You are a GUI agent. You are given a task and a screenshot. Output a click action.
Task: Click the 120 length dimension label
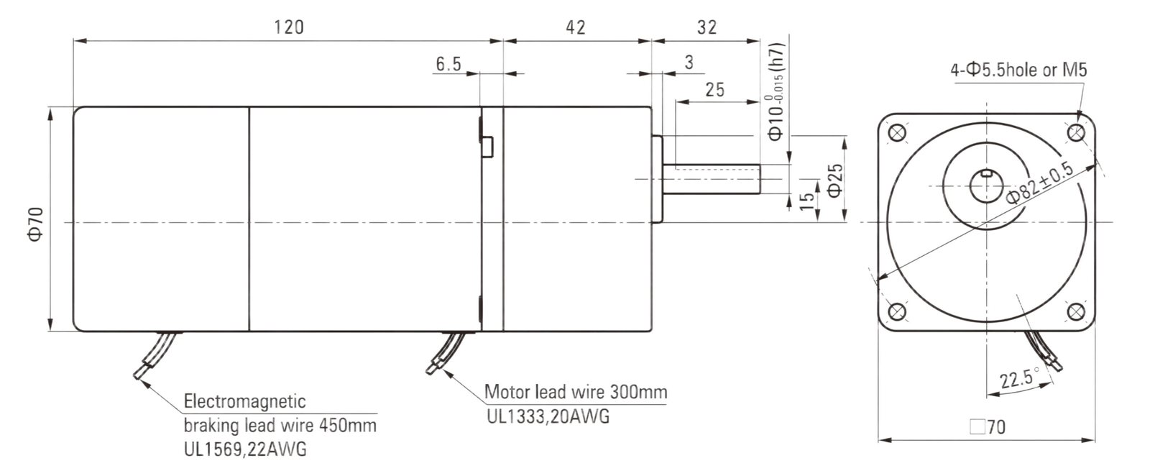[x=289, y=27]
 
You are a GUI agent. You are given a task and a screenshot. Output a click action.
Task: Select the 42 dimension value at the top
[x=576, y=27]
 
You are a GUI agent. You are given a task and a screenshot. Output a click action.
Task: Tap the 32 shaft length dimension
[x=707, y=27]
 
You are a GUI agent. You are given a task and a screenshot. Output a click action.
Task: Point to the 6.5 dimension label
[x=448, y=64]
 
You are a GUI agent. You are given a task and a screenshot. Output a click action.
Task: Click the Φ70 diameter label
[x=35, y=224]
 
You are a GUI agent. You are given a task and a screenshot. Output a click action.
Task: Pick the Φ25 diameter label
[x=835, y=180]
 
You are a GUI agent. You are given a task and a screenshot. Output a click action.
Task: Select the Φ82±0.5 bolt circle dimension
[x=1039, y=183]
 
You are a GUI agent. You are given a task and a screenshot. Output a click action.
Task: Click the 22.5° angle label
[x=1020, y=378]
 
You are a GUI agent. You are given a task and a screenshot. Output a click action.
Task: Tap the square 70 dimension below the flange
[x=988, y=426]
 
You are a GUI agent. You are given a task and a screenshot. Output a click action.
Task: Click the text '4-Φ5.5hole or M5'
[x=1018, y=69]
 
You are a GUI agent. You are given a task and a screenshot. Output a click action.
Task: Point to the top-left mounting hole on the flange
[x=897, y=133]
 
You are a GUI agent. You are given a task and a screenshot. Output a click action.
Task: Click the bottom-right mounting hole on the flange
[x=1075, y=311]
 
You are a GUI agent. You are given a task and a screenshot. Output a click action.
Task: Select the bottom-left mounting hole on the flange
[x=897, y=311]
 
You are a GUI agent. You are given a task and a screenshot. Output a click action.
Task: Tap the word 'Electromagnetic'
[x=245, y=401]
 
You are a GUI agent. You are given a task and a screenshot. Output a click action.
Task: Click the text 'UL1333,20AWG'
[x=548, y=416]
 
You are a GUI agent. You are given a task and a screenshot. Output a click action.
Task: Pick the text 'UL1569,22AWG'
[x=245, y=449]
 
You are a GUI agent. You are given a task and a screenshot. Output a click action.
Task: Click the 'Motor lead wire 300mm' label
[x=576, y=392]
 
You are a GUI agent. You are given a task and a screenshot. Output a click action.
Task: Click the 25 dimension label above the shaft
[x=714, y=90]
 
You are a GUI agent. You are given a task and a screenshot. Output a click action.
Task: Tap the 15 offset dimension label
[x=808, y=201]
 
